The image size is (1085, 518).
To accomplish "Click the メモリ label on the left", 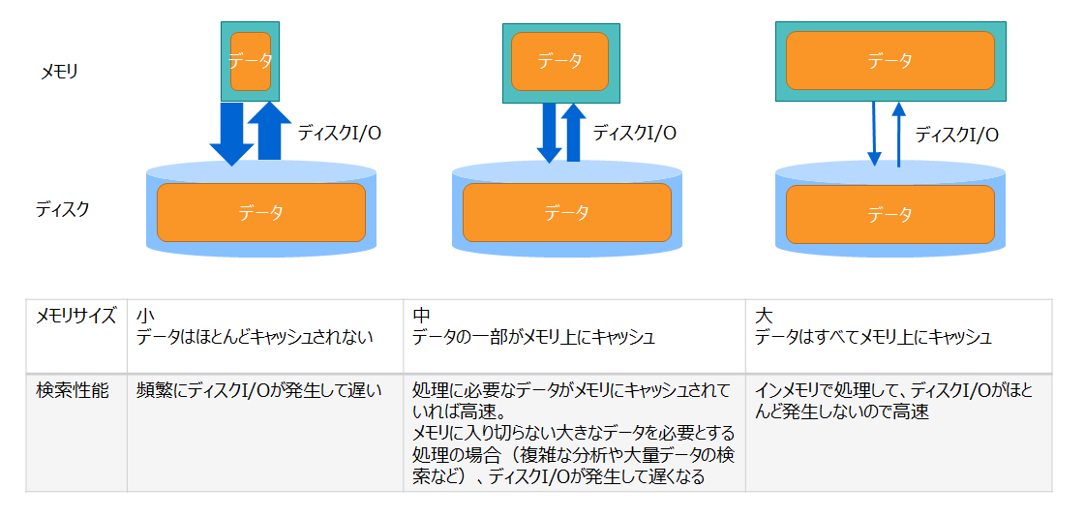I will click(x=59, y=71).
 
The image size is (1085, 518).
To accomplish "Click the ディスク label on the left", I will click(x=63, y=208).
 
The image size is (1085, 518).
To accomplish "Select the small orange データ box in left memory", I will click(x=251, y=61).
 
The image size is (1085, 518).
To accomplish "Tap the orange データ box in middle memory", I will click(x=559, y=61).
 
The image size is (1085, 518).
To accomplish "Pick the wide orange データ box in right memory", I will click(x=889, y=61).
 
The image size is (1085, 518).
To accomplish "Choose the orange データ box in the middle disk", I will click(x=566, y=213).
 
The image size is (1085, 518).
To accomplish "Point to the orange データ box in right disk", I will click(x=889, y=214).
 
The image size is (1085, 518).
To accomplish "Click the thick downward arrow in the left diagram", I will click(x=231, y=134).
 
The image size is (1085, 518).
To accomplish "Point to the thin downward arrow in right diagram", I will click(x=874, y=134).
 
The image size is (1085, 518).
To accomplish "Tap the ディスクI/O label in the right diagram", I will click(x=956, y=135).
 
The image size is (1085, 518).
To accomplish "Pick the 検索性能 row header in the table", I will click(x=73, y=390).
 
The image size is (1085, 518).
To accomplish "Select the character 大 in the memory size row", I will click(x=764, y=316).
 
